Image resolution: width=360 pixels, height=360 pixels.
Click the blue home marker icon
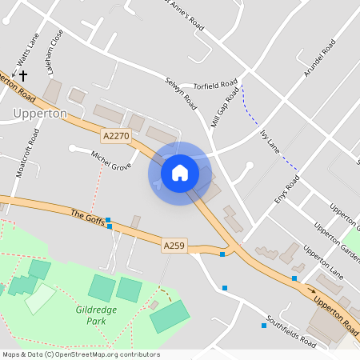point(180,172)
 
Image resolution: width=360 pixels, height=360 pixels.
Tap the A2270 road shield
point(116,136)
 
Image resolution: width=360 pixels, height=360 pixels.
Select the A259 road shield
point(174,246)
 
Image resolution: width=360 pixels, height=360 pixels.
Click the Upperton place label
point(40,114)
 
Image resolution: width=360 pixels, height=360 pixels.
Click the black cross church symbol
point(22,76)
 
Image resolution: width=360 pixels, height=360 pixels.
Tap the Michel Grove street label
point(110,161)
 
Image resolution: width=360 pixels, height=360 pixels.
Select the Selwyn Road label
point(181,94)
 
